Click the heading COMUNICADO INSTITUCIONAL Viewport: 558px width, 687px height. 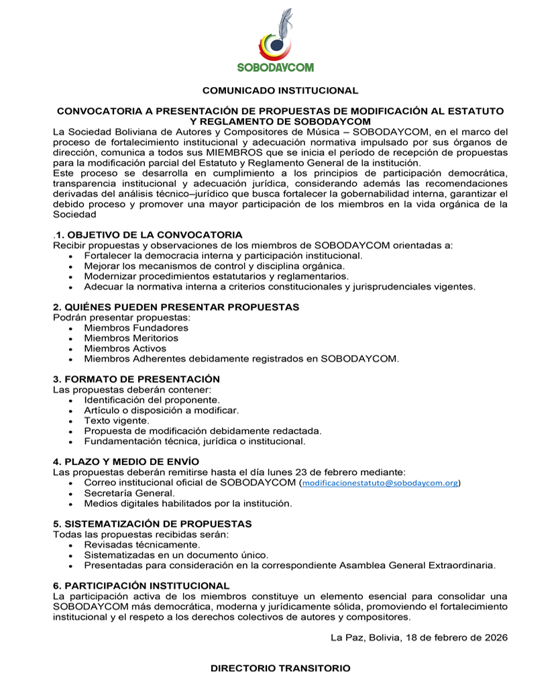(x=280, y=90)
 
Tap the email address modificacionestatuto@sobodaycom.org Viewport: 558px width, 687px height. (x=381, y=482)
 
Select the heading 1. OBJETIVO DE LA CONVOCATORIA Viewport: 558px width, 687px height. (x=149, y=235)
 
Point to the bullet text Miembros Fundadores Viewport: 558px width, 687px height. (x=136, y=328)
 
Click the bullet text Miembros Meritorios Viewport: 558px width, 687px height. (x=131, y=338)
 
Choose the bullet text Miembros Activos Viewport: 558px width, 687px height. (x=125, y=348)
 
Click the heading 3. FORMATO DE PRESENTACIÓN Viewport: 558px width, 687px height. (x=136, y=379)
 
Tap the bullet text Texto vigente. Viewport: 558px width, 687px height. (x=117, y=420)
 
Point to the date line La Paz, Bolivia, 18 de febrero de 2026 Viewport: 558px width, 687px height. (x=418, y=637)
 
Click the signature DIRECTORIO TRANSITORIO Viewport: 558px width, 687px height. (x=280, y=668)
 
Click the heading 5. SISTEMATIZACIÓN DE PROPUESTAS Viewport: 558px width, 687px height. (x=152, y=523)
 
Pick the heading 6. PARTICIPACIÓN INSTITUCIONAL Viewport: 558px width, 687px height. (x=141, y=586)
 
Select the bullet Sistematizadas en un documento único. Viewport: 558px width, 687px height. (x=176, y=555)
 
